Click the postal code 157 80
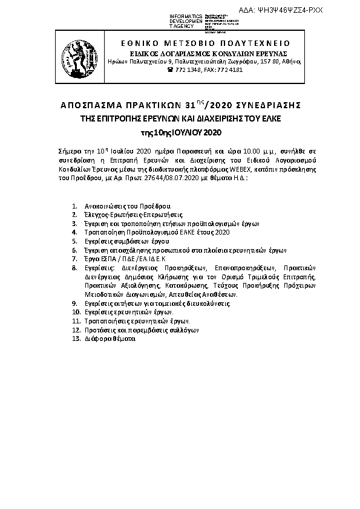tap(269, 62)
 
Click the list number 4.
tap(74, 232)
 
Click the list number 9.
tap(74, 301)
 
